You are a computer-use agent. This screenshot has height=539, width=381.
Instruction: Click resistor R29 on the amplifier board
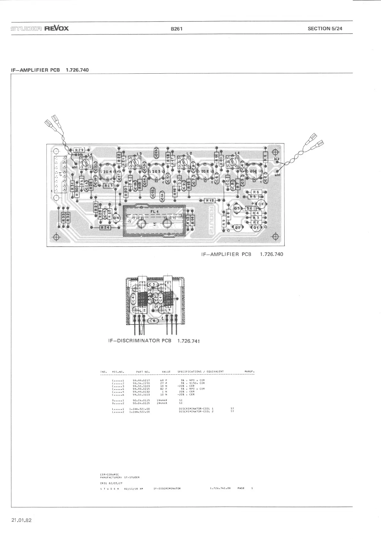(79, 150)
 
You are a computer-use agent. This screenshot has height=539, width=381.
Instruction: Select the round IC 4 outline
(106, 172)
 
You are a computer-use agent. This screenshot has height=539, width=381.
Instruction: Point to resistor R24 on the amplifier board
(105, 227)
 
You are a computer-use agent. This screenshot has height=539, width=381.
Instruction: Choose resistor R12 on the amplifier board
(209, 200)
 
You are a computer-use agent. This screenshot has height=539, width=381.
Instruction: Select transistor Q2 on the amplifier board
(238, 228)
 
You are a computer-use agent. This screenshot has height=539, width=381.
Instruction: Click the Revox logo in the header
(57, 28)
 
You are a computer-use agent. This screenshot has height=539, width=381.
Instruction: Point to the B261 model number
(176, 29)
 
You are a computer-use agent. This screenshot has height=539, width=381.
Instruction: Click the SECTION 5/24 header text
(325, 28)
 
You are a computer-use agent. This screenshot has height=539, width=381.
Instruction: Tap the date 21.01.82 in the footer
(21, 520)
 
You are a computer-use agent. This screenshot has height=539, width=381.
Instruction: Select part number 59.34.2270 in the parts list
(141, 383)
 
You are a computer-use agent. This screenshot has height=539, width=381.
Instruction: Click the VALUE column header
(166, 372)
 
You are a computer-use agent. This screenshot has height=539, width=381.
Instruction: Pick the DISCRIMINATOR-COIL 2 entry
(196, 412)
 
